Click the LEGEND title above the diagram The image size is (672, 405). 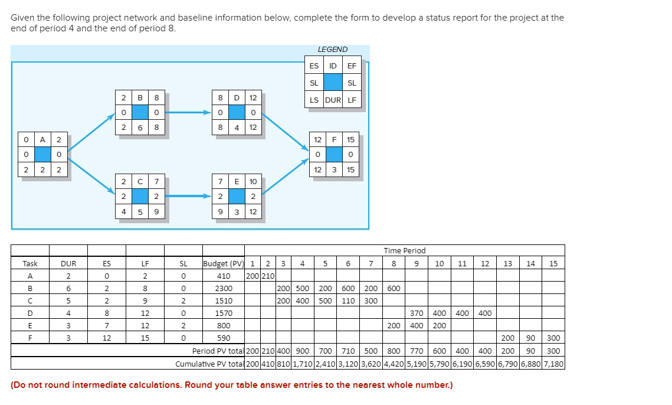coord(333,50)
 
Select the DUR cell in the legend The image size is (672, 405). coord(333,100)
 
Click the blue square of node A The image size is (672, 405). coord(42,154)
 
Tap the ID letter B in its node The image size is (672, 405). coord(140,97)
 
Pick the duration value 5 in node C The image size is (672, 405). coord(140,211)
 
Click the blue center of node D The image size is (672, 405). coord(237,112)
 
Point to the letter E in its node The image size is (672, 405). coord(237,181)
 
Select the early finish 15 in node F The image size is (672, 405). coord(351,140)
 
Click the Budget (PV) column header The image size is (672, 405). coord(223,263)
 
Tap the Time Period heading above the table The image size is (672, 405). coord(404,251)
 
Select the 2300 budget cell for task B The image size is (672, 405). coord(224,289)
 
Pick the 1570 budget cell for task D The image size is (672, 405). coord(224,313)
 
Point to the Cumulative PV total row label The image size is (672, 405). coord(209,363)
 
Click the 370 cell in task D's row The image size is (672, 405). coord(417,313)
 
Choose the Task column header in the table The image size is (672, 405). coord(29,263)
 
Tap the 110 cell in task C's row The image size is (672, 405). coord(348,301)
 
